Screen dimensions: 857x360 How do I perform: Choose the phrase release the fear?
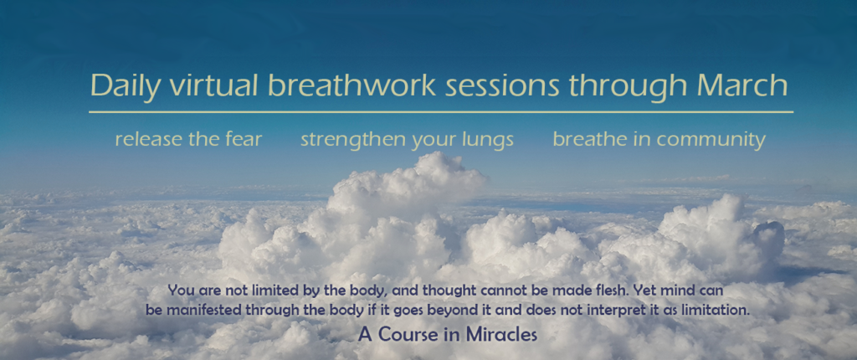click(x=188, y=139)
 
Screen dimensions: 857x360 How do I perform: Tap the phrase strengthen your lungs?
click(x=408, y=140)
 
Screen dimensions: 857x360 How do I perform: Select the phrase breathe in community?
click(x=659, y=140)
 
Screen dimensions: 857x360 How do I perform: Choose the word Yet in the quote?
click(x=643, y=290)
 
